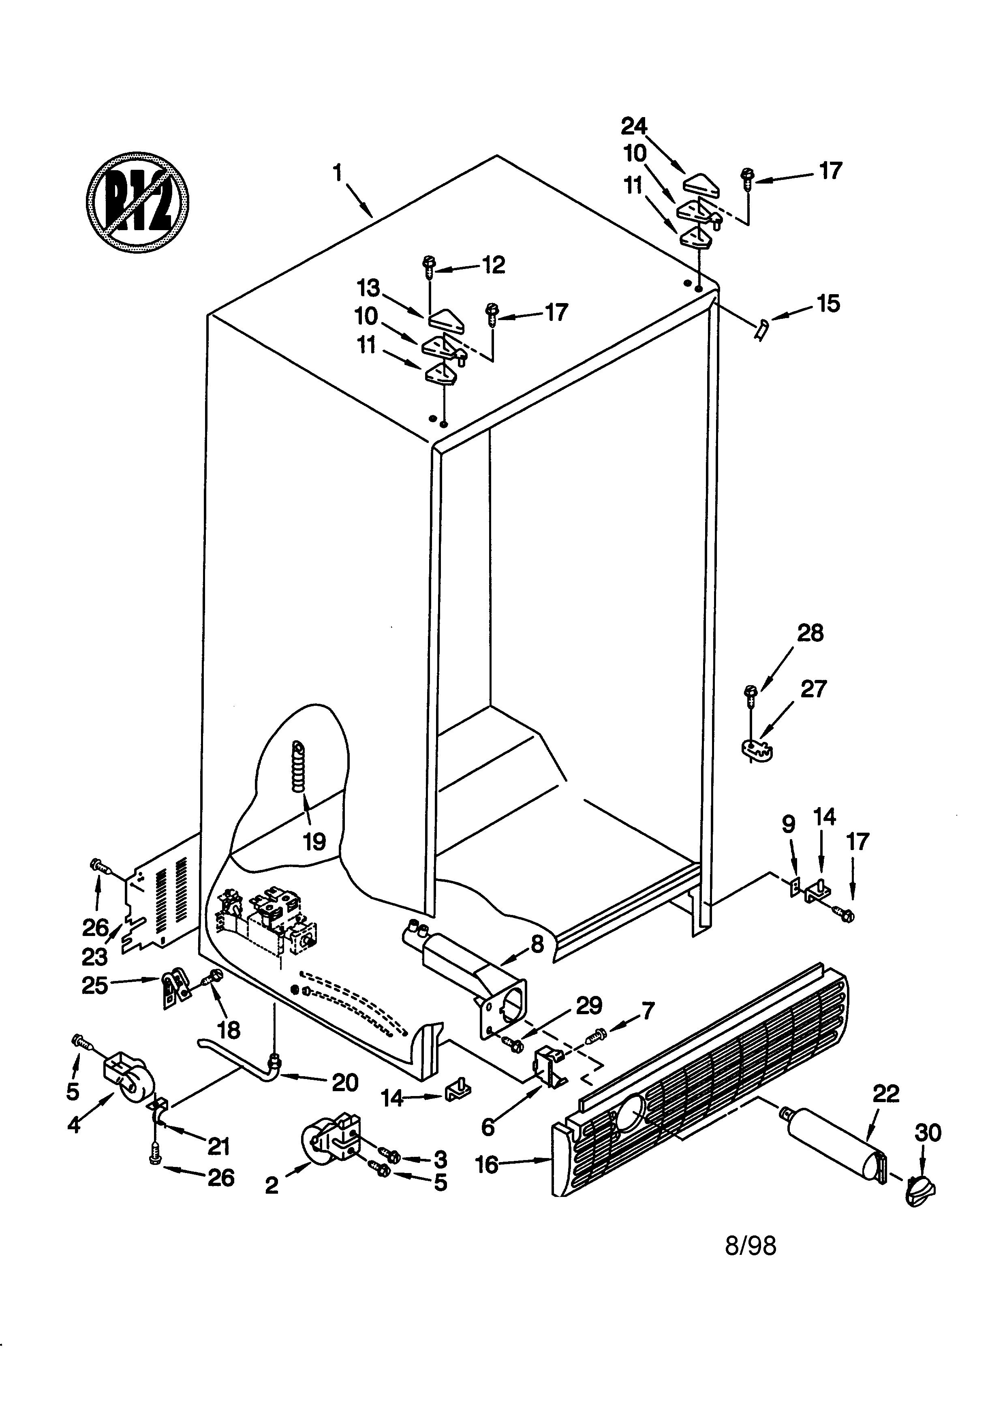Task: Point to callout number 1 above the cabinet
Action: [337, 173]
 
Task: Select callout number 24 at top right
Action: [634, 127]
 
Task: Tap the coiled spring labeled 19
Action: [299, 767]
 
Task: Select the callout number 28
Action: [810, 633]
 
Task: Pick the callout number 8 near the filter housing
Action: [537, 943]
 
